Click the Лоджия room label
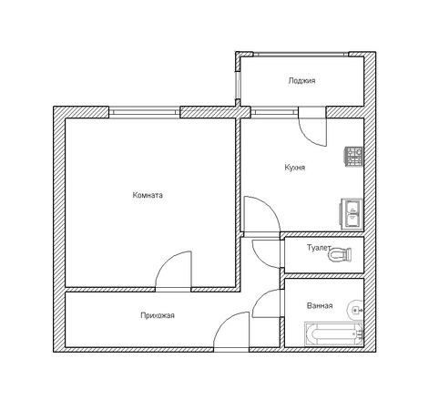[301, 81]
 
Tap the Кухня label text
[295, 168]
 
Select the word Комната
[148, 195]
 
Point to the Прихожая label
[158, 315]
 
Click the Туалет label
[318, 248]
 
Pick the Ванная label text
[320, 305]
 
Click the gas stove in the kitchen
[353, 157]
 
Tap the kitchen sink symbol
[352, 214]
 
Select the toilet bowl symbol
[340, 254]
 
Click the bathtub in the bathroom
[334, 334]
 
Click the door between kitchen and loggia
[312, 127]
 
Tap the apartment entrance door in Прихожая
[231, 332]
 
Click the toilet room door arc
[267, 254]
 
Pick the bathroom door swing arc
[267, 303]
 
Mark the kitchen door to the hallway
[261, 216]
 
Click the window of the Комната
[145, 112]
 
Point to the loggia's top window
[301, 55]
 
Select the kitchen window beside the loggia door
[274, 112]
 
